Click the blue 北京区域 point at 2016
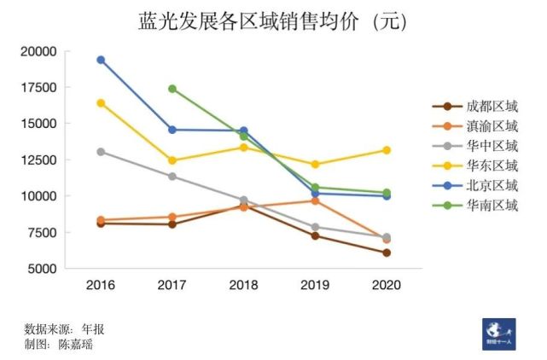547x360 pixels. [101, 60]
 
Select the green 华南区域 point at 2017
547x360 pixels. [172, 89]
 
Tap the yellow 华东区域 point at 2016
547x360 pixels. [101, 103]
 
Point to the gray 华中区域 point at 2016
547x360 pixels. [101, 152]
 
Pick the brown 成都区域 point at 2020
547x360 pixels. [387, 253]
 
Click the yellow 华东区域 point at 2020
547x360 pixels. [387, 150]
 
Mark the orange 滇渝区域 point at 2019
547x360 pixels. [315, 200]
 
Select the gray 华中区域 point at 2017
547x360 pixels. [172, 177]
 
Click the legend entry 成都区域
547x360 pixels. [492, 107]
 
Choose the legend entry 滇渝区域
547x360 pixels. [492, 126]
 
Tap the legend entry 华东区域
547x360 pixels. [492, 165]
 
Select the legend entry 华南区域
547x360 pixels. [492, 205]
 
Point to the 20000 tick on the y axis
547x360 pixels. [38, 51]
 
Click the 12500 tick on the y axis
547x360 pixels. [38, 160]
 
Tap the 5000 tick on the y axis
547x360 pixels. [42, 268]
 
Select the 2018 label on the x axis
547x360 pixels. [243, 285]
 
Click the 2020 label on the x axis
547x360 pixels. [387, 285]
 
